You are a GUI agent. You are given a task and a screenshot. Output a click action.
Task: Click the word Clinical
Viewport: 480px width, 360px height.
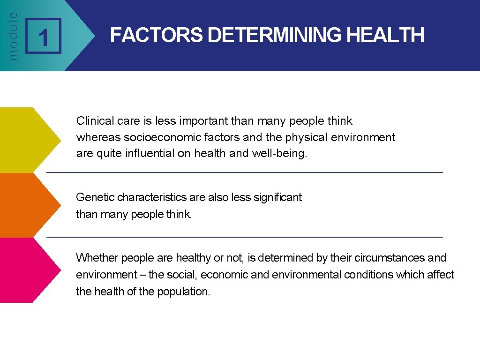(95, 121)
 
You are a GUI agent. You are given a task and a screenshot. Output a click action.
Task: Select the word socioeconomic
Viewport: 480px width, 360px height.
(163, 137)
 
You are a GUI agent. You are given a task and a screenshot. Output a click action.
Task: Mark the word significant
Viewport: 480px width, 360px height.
(277, 197)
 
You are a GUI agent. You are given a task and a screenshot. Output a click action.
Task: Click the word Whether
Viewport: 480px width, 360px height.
(96, 258)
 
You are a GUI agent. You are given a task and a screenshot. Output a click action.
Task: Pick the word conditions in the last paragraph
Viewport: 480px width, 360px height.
(368, 275)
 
